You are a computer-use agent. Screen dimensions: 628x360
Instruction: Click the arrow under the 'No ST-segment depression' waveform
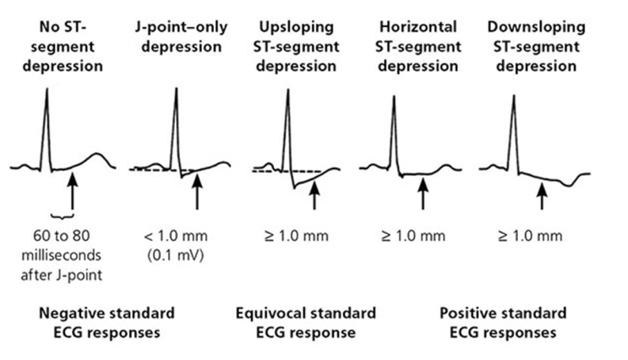[x=72, y=192]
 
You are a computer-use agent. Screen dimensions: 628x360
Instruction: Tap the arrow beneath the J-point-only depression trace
[x=197, y=192]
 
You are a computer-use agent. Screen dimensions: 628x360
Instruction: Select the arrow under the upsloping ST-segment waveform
[x=314, y=195]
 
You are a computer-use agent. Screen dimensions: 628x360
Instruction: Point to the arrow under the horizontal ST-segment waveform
[x=423, y=194]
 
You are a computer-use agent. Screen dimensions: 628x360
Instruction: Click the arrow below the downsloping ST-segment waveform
[x=542, y=196]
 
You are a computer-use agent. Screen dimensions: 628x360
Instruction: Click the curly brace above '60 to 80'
[x=63, y=216]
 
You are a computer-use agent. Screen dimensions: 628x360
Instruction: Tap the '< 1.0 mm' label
[x=176, y=236]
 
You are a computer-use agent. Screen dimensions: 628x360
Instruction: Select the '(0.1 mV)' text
[x=176, y=255]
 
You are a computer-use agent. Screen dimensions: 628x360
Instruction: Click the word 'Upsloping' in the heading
[x=297, y=27]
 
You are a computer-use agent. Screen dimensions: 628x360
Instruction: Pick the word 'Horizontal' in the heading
[x=418, y=27]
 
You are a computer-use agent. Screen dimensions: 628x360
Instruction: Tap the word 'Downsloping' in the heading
[x=536, y=27]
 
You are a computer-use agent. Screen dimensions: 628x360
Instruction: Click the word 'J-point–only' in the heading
[x=182, y=27]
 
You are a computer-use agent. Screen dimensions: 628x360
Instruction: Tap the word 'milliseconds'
[x=61, y=255]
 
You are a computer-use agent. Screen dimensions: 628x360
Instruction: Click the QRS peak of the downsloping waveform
[x=514, y=96]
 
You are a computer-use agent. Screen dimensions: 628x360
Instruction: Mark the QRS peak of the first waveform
[x=46, y=89]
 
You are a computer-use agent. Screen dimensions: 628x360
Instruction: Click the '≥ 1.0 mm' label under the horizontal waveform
[x=413, y=236]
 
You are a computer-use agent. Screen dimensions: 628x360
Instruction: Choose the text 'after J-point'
[x=61, y=275]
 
